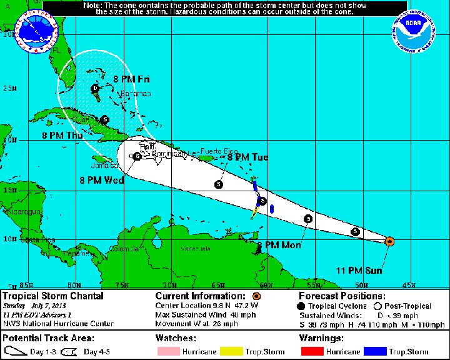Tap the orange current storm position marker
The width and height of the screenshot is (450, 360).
pyautogui.click(x=389, y=241)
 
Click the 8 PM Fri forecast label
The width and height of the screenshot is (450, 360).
pyautogui.click(x=131, y=79)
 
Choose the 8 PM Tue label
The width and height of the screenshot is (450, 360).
pyautogui.click(x=247, y=157)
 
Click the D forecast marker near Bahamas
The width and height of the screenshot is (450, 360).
pyautogui.click(x=95, y=89)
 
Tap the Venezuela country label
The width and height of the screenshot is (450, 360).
pyautogui.click(x=195, y=248)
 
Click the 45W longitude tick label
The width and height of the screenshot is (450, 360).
pyautogui.click(x=408, y=285)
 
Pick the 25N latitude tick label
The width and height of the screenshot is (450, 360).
pyautogui.click(x=9, y=88)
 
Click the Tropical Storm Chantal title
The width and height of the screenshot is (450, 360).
pyautogui.click(x=52, y=296)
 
